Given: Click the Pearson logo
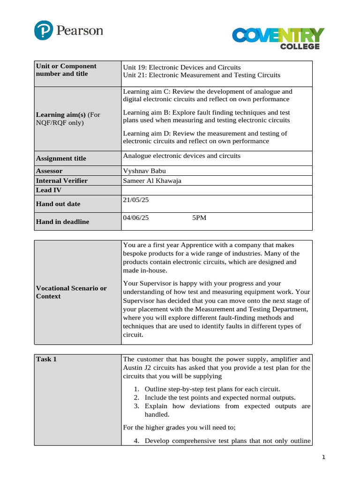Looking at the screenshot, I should point(68,31).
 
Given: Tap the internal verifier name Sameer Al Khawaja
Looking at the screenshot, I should point(152,180).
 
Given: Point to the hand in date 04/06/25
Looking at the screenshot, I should point(136,217).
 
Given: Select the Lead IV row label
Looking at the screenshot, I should point(49,190).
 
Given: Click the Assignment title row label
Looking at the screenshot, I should point(61,158).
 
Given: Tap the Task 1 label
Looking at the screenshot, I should point(46,359).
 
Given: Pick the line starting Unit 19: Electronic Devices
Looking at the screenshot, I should point(181,67).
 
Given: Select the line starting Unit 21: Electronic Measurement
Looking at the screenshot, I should point(201,75).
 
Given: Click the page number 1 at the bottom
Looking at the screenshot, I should point(323,457).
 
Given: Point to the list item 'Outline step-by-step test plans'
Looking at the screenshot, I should point(212,389).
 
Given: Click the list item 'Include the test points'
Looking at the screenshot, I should point(220,397).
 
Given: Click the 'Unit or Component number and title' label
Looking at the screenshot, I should point(66,70).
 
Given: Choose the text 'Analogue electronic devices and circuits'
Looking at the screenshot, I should point(181,156).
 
